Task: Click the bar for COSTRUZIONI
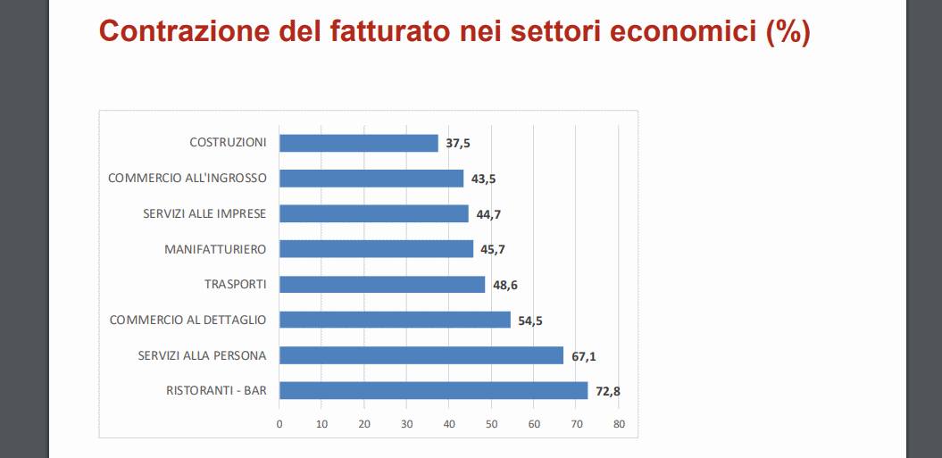tap(358, 143)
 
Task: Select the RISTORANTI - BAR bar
tap(433, 390)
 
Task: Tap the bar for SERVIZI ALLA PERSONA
tap(421, 355)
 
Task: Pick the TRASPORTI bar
tap(382, 284)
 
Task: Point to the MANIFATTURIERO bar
tap(376, 249)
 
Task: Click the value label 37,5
tap(458, 143)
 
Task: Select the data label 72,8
tap(608, 391)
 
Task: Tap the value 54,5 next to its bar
tap(530, 321)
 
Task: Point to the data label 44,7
tap(488, 214)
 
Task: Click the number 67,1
tap(584, 356)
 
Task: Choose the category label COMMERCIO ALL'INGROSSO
tap(187, 178)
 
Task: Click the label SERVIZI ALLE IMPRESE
tap(204, 213)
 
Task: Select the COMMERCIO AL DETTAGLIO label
tap(188, 320)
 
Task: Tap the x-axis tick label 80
tap(618, 424)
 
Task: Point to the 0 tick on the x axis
tap(279, 424)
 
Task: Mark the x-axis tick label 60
tap(533, 424)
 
